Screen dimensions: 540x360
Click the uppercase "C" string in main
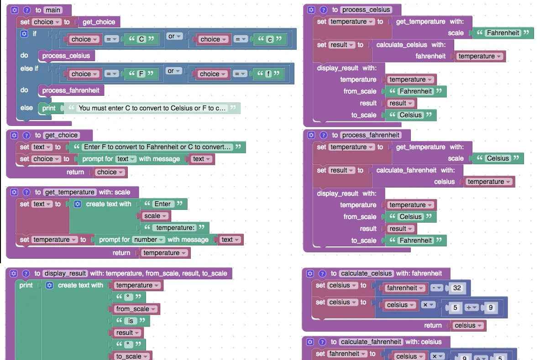[141, 39]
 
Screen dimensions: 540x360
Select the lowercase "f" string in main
[268, 73]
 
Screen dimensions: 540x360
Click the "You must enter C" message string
[152, 108]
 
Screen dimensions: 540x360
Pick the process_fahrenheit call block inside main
[71, 90]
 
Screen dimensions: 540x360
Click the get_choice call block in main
[99, 22]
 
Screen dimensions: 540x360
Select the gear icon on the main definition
[15, 10]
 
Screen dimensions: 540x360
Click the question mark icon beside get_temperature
[26, 192]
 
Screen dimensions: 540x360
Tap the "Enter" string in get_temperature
[163, 204]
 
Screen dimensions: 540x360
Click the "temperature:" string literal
[175, 228]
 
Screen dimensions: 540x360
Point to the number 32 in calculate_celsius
[457, 288]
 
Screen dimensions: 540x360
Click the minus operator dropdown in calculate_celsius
[437, 288]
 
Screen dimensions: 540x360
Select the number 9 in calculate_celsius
[491, 308]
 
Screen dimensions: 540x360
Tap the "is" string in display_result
[131, 321]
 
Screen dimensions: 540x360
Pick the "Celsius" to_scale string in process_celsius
[410, 115]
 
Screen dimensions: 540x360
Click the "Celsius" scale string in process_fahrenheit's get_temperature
[498, 158]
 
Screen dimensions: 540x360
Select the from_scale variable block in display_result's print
[136, 309]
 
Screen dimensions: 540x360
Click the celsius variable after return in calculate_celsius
[468, 325]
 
